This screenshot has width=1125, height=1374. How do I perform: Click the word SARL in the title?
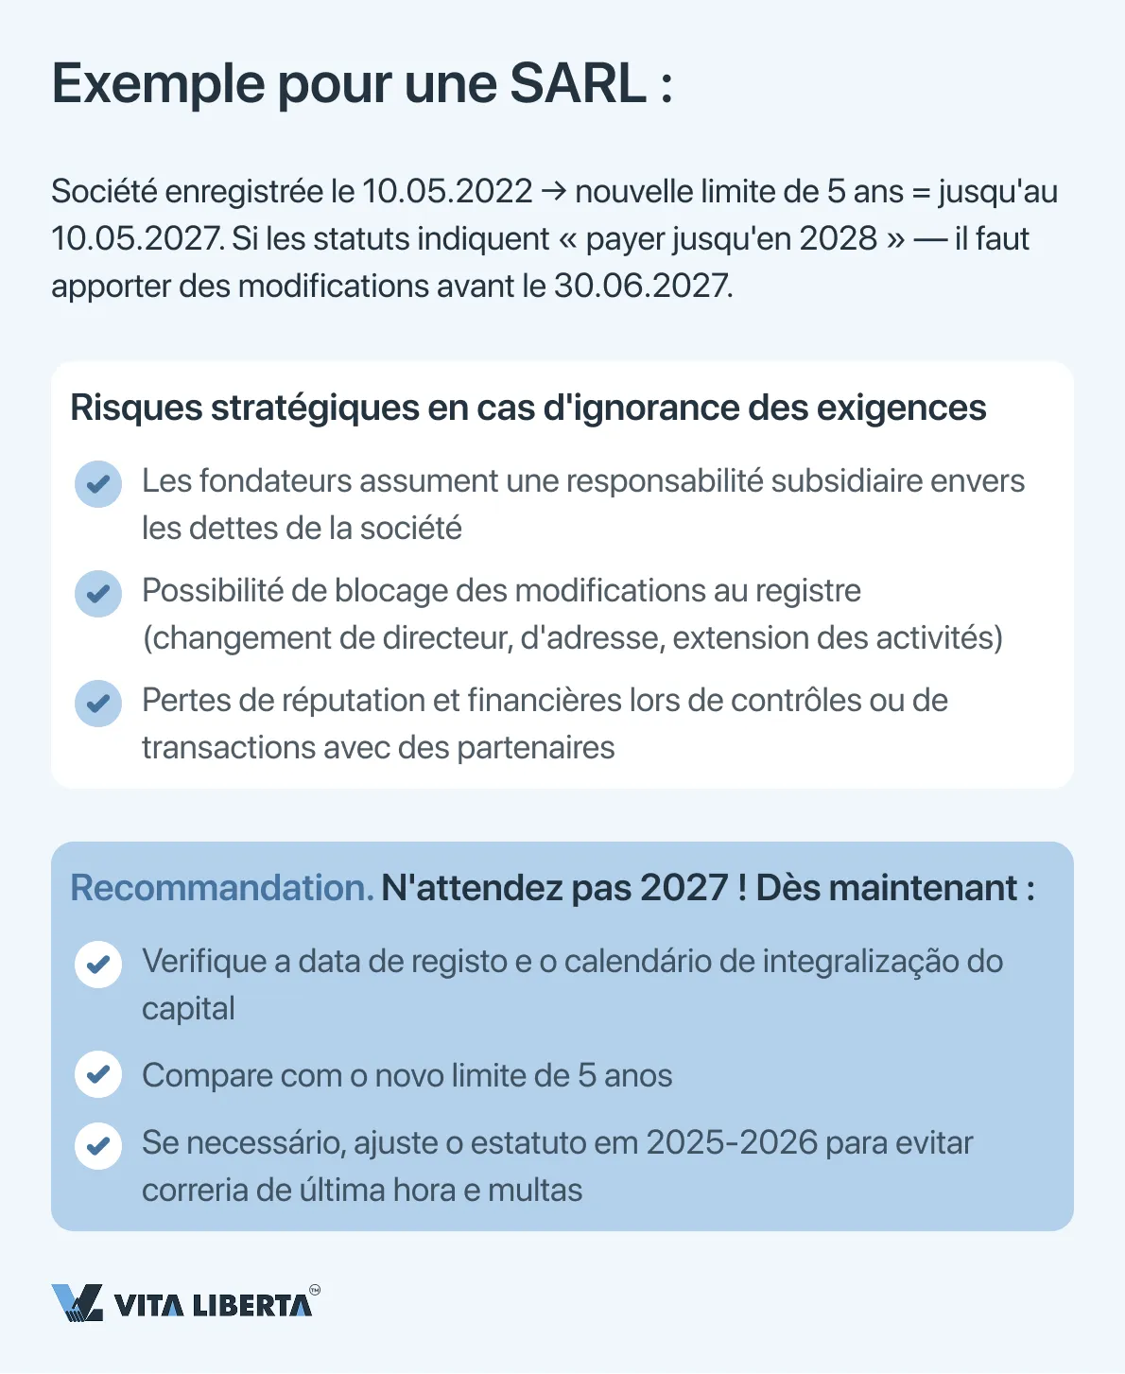coord(578,84)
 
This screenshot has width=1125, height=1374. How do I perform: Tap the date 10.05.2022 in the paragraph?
coord(447,192)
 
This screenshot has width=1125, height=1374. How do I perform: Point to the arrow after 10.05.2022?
coord(554,192)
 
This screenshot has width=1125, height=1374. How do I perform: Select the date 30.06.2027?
coord(642,286)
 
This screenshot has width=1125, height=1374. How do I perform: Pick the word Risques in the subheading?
coord(135,409)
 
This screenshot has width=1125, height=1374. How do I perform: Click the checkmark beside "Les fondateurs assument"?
coord(98,484)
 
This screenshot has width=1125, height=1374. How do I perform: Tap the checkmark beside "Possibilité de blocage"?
coord(98,594)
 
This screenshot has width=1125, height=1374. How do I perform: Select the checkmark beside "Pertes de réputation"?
coord(98,704)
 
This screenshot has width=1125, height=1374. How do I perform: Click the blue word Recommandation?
coord(222,889)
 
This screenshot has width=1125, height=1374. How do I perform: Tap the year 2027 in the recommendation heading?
coord(684,889)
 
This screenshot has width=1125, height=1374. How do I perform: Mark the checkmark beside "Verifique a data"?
coord(98,965)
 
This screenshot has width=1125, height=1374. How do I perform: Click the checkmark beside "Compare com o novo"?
coord(98,1074)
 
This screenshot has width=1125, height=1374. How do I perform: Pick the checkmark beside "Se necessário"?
coord(98,1146)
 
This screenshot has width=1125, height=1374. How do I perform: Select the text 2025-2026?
coord(732,1143)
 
